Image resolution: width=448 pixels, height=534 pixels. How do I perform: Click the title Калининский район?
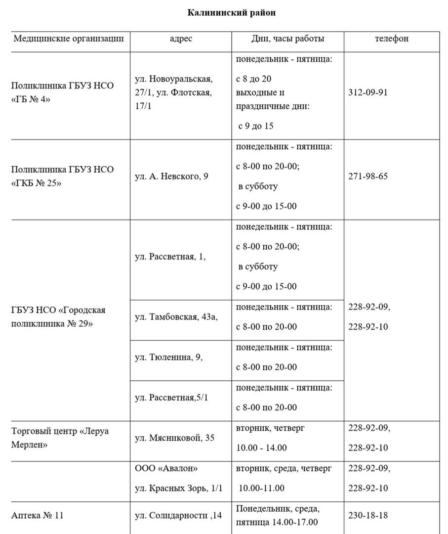click(231, 13)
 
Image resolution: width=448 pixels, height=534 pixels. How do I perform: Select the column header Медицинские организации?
click(69, 39)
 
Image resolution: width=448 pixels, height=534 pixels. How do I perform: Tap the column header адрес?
click(181, 39)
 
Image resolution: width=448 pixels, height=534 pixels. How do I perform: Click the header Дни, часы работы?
click(287, 39)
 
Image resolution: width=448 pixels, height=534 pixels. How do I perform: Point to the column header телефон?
click(391, 39)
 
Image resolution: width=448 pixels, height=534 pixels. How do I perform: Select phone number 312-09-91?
click(368, 92)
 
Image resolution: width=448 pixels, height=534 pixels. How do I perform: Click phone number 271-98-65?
click(368, 176)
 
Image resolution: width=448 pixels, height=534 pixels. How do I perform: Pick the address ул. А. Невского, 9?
click(171, 176)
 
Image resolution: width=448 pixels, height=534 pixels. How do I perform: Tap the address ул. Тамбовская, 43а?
click(176, 317)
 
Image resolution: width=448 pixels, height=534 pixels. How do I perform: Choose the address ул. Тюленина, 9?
click(168, 357)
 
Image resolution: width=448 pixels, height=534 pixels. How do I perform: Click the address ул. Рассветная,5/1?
click(171, 398)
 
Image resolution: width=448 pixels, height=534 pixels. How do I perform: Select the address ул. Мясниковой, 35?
click(174, 438)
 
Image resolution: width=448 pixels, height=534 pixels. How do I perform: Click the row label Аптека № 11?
click(38, 516)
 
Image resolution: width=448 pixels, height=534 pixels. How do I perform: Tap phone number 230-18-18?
click(368, 516)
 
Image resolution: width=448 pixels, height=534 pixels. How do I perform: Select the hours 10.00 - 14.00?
click(261, 448)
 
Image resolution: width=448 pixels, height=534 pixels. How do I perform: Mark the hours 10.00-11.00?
click(262, 488)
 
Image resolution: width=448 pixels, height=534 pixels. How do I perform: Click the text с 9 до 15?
click(255, 126)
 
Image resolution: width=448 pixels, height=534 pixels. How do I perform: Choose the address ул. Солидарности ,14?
click(178, 516)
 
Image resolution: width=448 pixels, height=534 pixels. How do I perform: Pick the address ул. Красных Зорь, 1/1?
click(179, 488)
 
